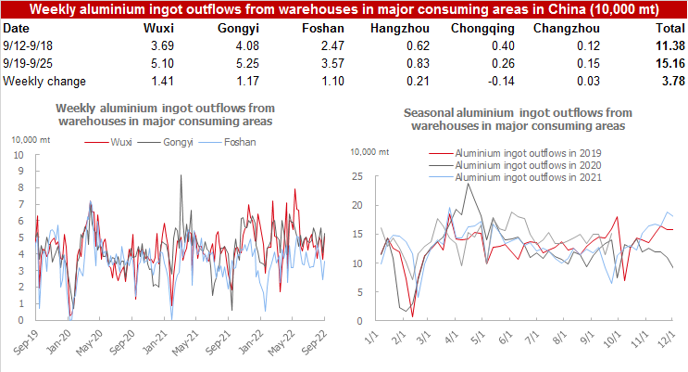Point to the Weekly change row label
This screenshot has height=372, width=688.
[x=43, y=82]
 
